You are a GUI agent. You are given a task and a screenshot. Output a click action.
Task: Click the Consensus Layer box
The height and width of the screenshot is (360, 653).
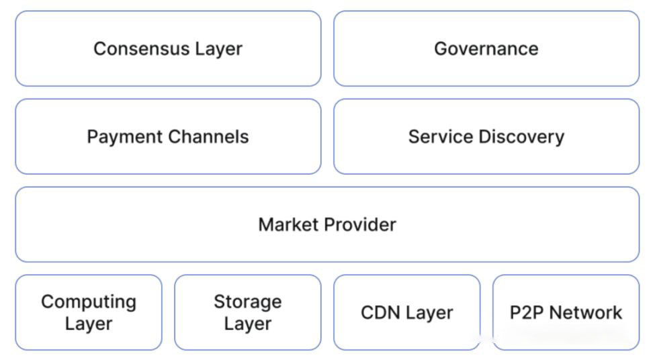click(x=168, y=48)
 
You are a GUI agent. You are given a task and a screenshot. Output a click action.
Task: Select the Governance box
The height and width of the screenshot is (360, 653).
click(x=486, y=48)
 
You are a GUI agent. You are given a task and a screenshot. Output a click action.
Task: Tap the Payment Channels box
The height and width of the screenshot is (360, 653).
click(x=168, y=136)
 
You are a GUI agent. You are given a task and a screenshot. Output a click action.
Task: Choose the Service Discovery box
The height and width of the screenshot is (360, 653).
click(x=486, y=136)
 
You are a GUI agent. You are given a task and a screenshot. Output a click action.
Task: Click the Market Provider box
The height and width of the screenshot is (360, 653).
click(x=327, y=224)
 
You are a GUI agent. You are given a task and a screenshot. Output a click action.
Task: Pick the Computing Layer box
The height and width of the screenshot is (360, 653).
click(x=89, y=312)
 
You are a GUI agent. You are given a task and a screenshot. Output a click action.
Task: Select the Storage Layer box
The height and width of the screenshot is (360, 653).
click(x=248, y=312)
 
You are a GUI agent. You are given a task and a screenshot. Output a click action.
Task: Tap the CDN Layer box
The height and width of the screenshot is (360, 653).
click(x=407, y=312)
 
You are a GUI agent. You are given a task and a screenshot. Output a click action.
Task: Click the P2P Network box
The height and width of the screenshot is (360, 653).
click(x=566, y=312)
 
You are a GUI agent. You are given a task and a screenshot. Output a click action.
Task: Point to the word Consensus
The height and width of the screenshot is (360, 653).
click(x=142, y=48)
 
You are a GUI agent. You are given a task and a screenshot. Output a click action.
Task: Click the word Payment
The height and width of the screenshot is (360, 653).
click(x=125, y=136)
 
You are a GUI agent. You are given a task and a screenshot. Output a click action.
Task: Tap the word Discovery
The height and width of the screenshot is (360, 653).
click(x=521, y=137)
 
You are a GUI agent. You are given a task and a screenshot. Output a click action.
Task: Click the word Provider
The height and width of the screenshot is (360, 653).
click(x=361, y=225)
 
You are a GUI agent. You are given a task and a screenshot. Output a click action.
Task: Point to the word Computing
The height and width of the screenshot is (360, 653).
click(x=89, y=302)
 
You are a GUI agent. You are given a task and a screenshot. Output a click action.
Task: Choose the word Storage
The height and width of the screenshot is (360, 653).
click(x=248, y=302)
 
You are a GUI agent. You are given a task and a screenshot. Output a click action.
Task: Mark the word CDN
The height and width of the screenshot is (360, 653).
click(x=378, y=312)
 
